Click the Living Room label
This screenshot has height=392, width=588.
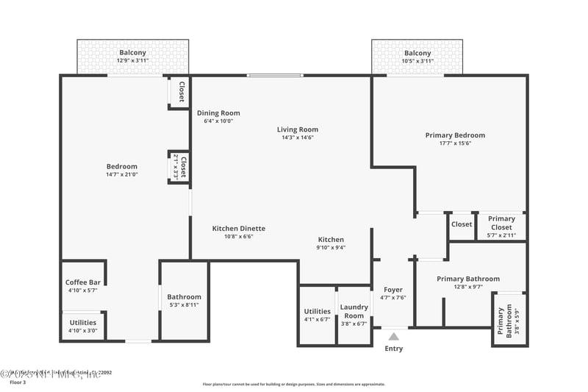(298, 129)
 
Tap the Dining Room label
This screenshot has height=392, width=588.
(218, 113)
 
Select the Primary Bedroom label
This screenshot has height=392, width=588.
(455, 135)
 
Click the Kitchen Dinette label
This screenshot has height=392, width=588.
(239, 229)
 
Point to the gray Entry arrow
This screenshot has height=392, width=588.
(394, 336)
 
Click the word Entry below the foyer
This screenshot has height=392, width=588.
(394, 349)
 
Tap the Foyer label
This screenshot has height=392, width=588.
(394, 289)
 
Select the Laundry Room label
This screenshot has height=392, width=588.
(354, 307)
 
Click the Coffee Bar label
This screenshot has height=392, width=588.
(82, 282)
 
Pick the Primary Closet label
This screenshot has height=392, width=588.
(501, 218)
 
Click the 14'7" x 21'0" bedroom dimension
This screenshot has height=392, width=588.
(122, 175)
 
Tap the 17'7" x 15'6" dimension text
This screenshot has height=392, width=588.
(455, 143)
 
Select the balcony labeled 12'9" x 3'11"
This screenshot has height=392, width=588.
(132, 57)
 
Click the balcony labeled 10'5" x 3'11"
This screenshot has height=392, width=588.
(417, 57)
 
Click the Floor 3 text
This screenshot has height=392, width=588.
(17, 382)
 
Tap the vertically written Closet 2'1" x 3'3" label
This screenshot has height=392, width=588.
(180, 167)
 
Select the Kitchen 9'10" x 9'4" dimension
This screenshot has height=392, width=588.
(331, 248)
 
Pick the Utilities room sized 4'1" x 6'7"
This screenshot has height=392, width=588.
(317, 315)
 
